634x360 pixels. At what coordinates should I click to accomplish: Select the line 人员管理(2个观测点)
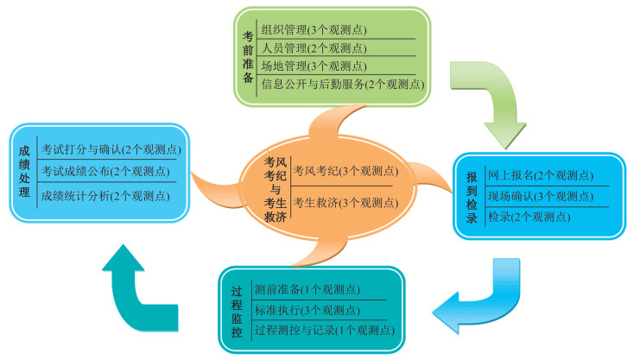pos(314,47)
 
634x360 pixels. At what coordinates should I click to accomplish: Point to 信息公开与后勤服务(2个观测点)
pos(342,84)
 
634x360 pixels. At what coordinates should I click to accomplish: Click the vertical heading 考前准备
pos(248,57)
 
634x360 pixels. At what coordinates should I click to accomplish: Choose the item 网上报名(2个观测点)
pos(540,175)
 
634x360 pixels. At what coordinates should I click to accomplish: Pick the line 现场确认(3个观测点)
pos(540,196)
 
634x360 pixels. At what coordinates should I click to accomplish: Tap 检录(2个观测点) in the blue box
pos(529,217)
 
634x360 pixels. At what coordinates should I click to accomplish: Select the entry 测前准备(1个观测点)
pos(307,289)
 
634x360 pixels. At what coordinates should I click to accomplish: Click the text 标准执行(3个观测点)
pos(307,310)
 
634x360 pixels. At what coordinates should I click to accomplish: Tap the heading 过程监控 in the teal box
pos(238,309)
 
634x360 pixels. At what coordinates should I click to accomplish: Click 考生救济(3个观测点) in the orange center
pos(345,203)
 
